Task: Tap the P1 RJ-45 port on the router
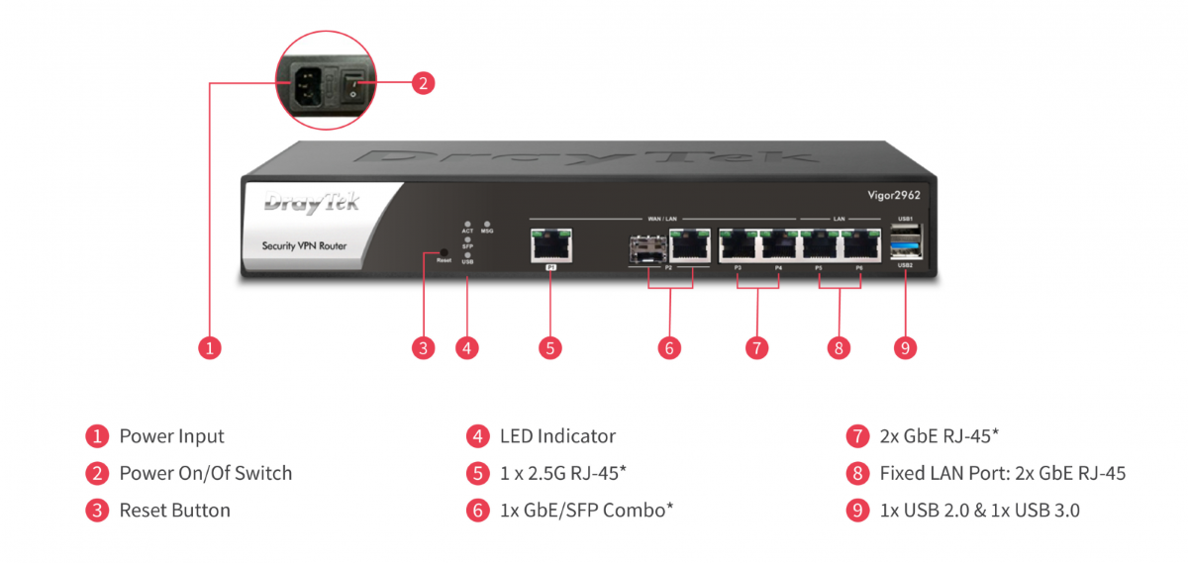(551, 244)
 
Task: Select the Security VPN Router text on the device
(304, 245)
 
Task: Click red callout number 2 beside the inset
(423, 84)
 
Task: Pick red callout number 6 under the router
(669, 347)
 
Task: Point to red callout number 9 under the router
(905, 347)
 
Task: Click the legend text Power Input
(171, 436)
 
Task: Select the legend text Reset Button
(174, 511)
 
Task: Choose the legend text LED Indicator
(557, 436)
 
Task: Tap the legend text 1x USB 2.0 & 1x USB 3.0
(979, 511)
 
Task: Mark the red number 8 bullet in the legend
(857, 473)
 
